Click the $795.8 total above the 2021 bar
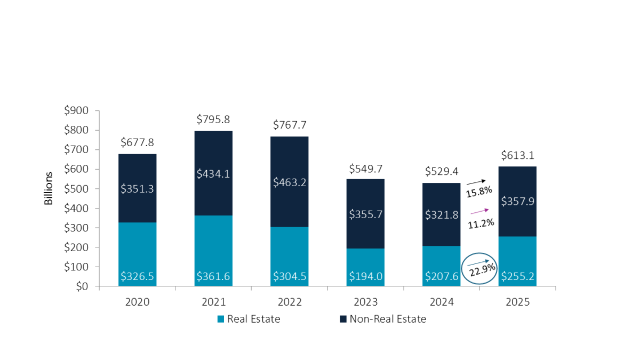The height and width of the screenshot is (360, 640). [213, 119]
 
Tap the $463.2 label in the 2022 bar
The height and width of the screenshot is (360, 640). [290, 182]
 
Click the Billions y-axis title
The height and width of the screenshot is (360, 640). [49, 188]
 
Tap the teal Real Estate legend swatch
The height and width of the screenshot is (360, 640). [220, 319]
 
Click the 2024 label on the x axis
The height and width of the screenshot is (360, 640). [442, 302]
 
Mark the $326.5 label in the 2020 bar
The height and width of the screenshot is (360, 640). [138, 276]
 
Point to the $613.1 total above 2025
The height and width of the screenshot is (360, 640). [518, 155]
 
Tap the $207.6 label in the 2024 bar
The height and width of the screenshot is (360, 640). [442, 276]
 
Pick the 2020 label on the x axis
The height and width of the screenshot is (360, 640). [138, 302]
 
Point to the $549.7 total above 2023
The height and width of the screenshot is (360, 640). [365, 169]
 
